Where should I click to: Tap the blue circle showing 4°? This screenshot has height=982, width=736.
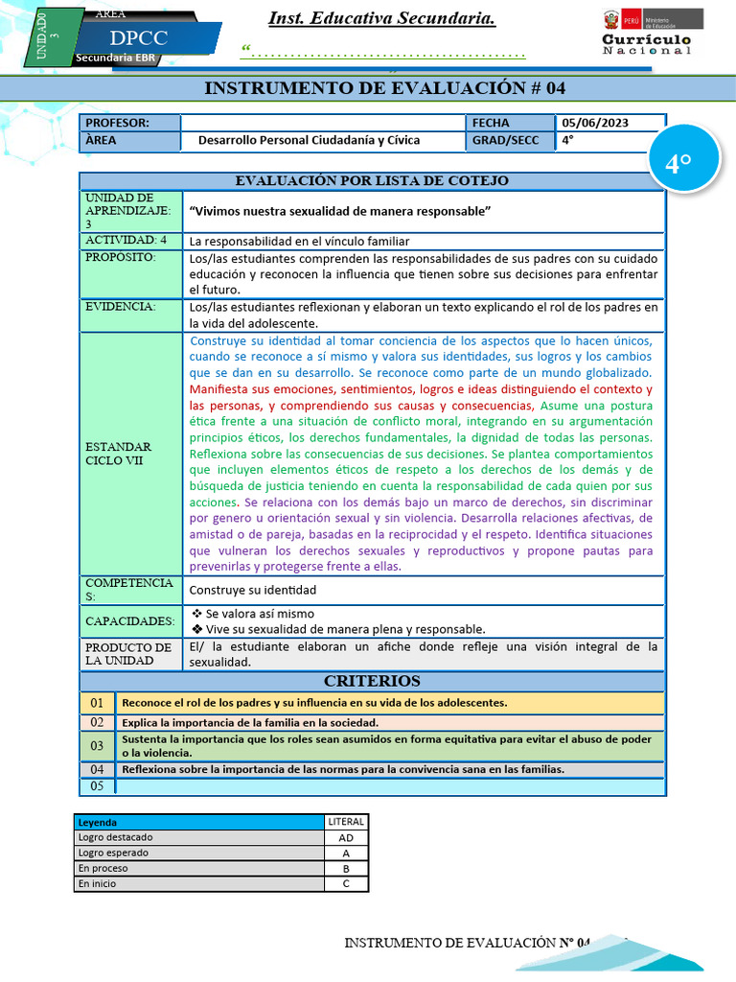pos(678,164)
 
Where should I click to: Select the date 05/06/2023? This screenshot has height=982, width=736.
pos(594,123)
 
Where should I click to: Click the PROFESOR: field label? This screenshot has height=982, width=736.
pos(118,123)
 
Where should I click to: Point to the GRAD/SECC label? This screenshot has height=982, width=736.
pos(505,140)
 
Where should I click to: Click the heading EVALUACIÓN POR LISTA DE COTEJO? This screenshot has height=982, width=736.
pos(372,180)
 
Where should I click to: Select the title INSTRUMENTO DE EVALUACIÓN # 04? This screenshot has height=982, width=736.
pos(385,89)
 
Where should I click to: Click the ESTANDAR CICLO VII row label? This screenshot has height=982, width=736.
pos(118,454)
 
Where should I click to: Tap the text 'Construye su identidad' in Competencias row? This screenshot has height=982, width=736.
pos(253,590)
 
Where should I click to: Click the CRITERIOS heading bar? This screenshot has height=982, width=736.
pos(372,681)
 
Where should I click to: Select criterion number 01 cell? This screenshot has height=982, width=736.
pos(97,703)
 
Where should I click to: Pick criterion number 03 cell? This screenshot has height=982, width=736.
pos(97,745)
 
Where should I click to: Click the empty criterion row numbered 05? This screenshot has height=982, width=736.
pos(388,786)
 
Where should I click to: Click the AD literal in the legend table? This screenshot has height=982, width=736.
pos(346,837)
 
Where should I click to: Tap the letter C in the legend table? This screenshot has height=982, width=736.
pos(346,883)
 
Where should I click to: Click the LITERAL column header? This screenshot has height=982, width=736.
pos(346,822)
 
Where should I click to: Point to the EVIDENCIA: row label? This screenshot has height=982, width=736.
pos(120,307)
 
